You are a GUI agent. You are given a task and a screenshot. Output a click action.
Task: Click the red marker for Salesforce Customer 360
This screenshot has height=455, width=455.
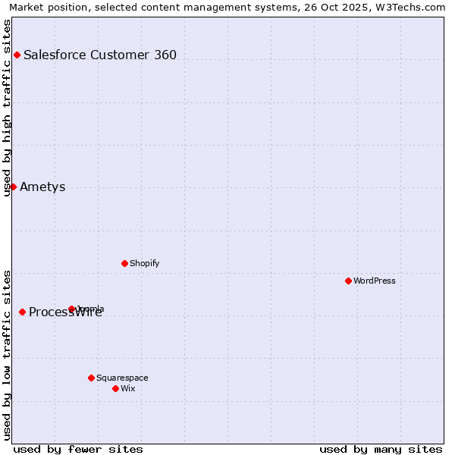click(17, 55)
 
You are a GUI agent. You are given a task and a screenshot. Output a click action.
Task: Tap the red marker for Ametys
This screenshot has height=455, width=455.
click(13, 187)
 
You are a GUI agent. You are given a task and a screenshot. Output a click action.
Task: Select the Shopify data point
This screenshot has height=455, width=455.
click(124, 263)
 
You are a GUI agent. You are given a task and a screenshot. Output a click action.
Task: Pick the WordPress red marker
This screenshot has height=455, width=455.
click(348, 281)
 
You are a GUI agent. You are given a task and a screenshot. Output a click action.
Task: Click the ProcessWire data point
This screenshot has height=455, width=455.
click(22, 312)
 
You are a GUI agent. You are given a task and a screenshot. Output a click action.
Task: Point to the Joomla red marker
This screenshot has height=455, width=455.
click(72, 309)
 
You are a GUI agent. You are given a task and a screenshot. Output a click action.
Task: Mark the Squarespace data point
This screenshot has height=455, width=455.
click(91, 378)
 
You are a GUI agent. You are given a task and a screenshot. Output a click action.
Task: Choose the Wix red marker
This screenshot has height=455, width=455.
click(115, 388)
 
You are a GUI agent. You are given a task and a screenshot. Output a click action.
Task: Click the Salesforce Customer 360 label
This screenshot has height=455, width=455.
click(100, 55)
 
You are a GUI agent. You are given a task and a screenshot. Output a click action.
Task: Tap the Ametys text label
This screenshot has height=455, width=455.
click(42, 187)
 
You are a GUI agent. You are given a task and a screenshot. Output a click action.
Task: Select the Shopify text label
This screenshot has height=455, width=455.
click(144, 263)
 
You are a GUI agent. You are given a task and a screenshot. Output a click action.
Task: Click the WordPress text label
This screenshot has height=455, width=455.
click(375, 281)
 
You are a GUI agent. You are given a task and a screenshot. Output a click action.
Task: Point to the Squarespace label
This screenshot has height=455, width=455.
click(122, 378)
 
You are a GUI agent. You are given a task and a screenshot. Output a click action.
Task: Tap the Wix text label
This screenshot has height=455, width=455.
click(127, 388)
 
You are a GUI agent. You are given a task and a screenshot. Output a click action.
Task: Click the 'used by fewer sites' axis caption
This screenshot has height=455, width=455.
click(78, 449)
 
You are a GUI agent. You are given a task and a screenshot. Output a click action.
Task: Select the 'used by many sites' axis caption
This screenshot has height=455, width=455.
click(381, 449)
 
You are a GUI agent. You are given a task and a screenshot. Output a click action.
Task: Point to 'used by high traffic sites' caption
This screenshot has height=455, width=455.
click(7, 108)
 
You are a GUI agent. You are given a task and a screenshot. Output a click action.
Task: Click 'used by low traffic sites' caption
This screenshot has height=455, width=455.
click(7, 355)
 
